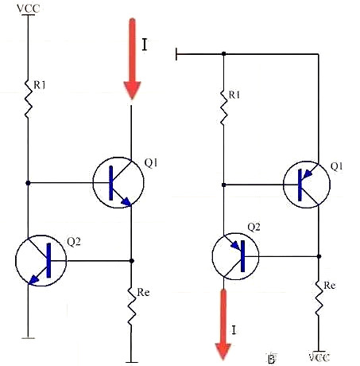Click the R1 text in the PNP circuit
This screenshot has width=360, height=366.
tap(235, 95)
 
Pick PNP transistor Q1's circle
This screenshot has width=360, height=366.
tap(309, 183)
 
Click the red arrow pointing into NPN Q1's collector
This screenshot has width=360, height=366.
tap(132, 60)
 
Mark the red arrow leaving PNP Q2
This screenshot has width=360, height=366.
tap(223, 322)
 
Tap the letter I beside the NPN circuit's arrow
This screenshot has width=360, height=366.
tap(145, 45)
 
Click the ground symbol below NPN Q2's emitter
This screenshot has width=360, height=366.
tap(28, 337)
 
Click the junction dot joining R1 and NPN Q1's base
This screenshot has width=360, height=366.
tap(29, 183)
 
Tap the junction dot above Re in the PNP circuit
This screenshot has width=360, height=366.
tap(318, 256)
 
